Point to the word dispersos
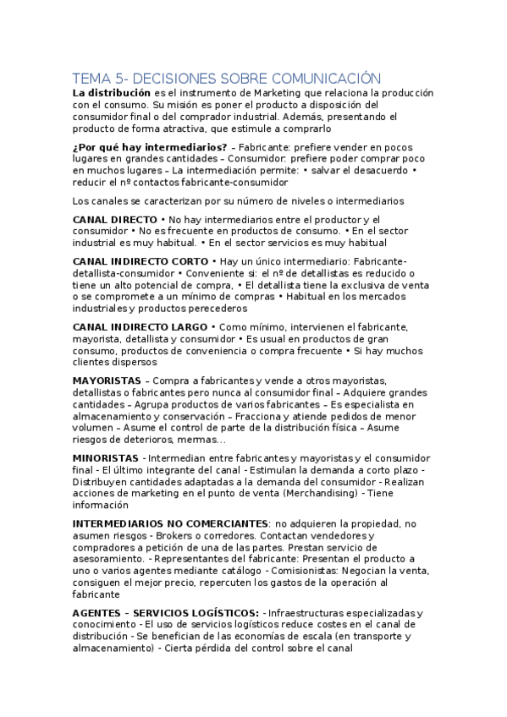click(115, 361)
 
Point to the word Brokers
click(170, 536)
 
